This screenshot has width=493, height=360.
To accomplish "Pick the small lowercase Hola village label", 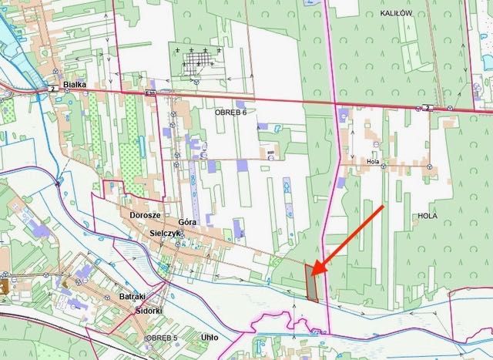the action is (374, 162).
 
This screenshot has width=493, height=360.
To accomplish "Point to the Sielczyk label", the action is (165, 232).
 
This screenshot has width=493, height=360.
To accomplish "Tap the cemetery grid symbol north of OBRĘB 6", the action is (198, 60).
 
